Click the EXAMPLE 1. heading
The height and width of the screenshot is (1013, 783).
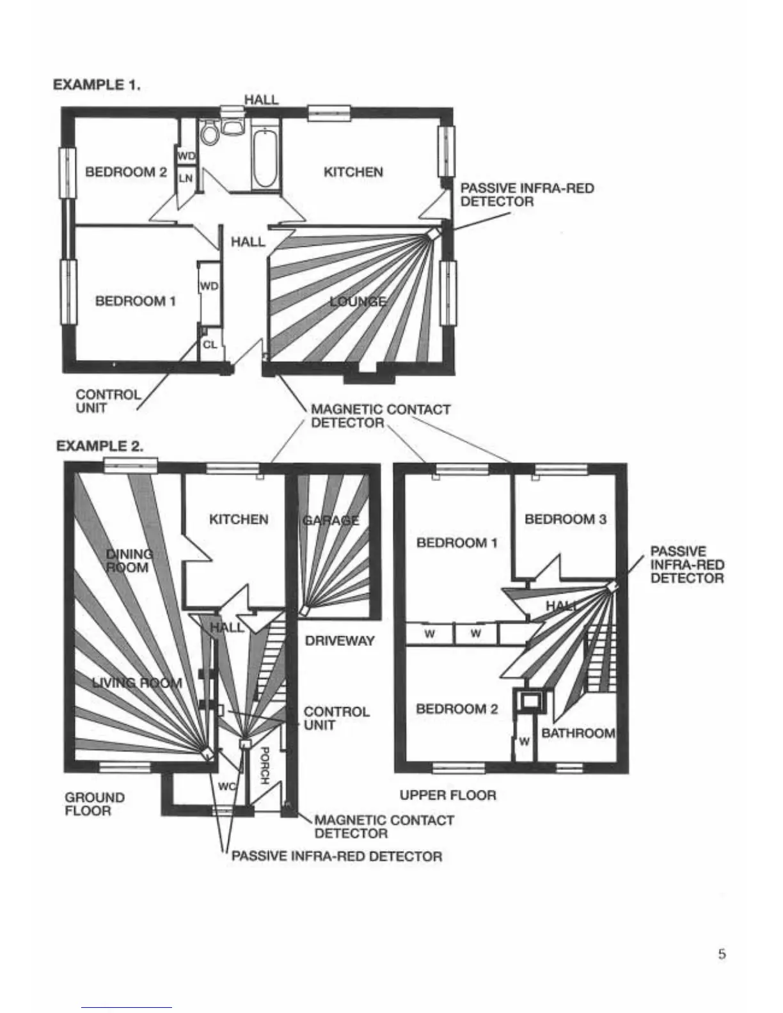pos(97,84)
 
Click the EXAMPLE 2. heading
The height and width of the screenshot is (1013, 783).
pos(100,446)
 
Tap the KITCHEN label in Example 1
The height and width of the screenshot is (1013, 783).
pos(353,172)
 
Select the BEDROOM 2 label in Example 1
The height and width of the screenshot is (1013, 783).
pos(125,172)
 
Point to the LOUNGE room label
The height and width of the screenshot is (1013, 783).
pos(358,302)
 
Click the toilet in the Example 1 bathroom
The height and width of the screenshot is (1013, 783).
pos(209,133)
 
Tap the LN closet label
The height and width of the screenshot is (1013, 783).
pos(186,178)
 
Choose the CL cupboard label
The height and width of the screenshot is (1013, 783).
pos(210,345)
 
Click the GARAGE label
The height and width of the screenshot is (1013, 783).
pos(331,521)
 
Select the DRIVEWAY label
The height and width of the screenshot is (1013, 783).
pos(340,641)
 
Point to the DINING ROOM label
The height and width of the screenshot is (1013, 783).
pos(129,561)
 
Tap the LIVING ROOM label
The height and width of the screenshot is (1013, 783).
pos(137,683)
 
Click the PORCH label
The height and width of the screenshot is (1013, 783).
pos(265,766)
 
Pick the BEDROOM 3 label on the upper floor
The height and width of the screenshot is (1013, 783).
pos(565,519)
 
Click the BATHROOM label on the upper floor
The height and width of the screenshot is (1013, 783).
pos(578,734)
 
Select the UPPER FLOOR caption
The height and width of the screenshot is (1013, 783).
pos(448,795)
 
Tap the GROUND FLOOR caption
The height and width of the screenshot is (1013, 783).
pos(94,804)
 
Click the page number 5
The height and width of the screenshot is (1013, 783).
pos(722,955)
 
